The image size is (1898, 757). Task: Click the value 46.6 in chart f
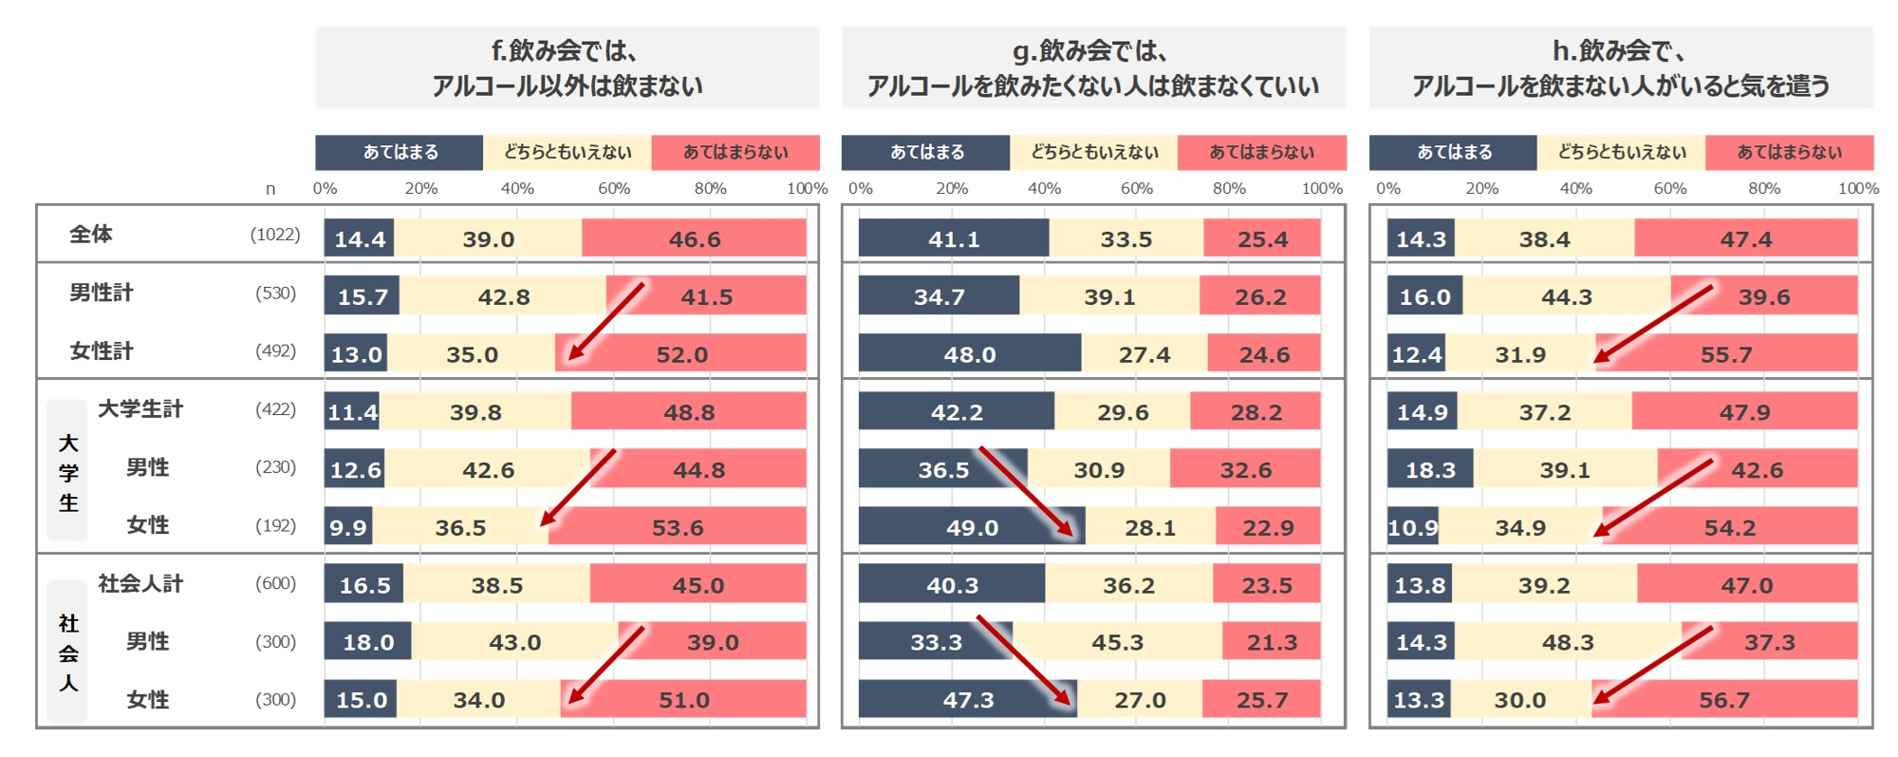[694, 239]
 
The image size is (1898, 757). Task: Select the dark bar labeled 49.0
[971, 527]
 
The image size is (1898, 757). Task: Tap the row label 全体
[91, 235]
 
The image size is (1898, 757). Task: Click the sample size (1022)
[275, 235]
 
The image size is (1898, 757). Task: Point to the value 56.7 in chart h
[1723, 700]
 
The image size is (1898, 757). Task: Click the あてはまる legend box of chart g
[925, 152]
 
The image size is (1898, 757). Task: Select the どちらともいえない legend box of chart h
[1621, 152]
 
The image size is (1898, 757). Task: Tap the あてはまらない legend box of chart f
[735, 152]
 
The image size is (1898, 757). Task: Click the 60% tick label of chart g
[1137, 188]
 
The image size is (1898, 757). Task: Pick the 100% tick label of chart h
[1857, 188]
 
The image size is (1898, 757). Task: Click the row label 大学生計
[140, 409]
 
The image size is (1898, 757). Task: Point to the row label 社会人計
[140, 584]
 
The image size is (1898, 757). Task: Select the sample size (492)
[275, 351]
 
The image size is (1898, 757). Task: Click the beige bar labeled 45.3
[1117, 642]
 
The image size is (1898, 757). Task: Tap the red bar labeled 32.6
[1245, 470]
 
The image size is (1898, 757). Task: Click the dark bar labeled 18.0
[367, 642]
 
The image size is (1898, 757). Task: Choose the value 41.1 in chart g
[953, 239]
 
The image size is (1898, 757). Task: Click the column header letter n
[270, 189]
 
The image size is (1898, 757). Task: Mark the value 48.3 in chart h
[1567, 642]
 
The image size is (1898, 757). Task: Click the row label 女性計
[102, 351]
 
